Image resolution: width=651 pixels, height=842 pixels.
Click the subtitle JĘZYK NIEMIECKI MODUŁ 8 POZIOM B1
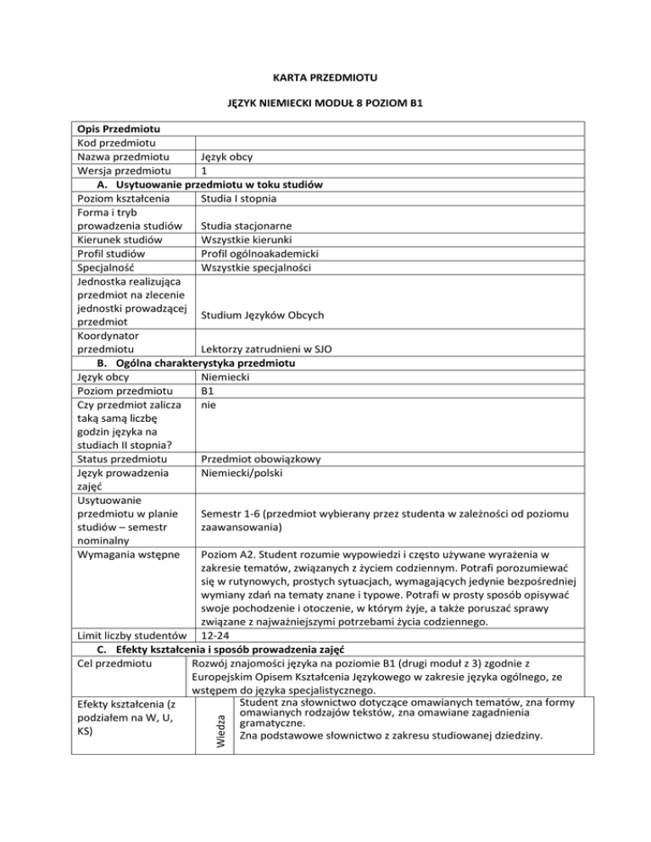[x=325, y=104]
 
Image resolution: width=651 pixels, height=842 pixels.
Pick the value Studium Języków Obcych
[x=263, y=316]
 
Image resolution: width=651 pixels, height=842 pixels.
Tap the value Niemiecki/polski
[x=245, y=473]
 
